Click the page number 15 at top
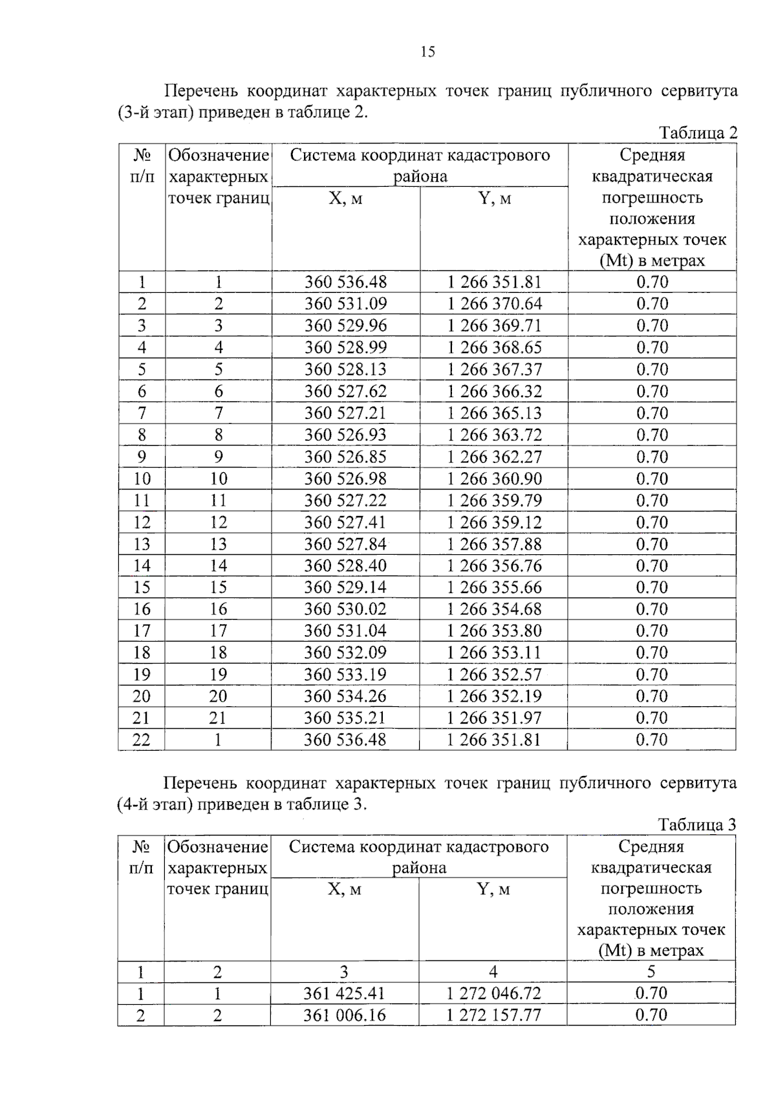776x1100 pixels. point(427,52)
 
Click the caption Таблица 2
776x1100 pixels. point(698,133)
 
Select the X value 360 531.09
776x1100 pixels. point(345,304)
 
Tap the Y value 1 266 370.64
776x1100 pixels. point(494,304)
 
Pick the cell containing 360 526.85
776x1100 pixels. point(345,457)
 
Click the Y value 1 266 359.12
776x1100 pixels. point(494,523)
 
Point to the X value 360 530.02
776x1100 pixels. point(345,609)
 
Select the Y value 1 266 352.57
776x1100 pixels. point(494,674)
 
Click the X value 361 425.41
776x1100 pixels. point(344,993)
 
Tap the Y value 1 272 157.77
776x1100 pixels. point(493,1015)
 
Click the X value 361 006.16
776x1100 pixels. point(344,1015)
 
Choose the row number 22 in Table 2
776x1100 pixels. point(142,740)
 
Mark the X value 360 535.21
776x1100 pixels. point(345,718)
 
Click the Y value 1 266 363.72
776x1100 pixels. point(494,435)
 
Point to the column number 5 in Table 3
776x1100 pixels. point(651,971)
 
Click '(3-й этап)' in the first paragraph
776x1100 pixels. point(156,113)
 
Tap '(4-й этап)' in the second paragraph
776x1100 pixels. point(156,804)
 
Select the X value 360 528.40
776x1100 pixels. point(345,566)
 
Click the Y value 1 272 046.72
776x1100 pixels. point(493,993)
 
